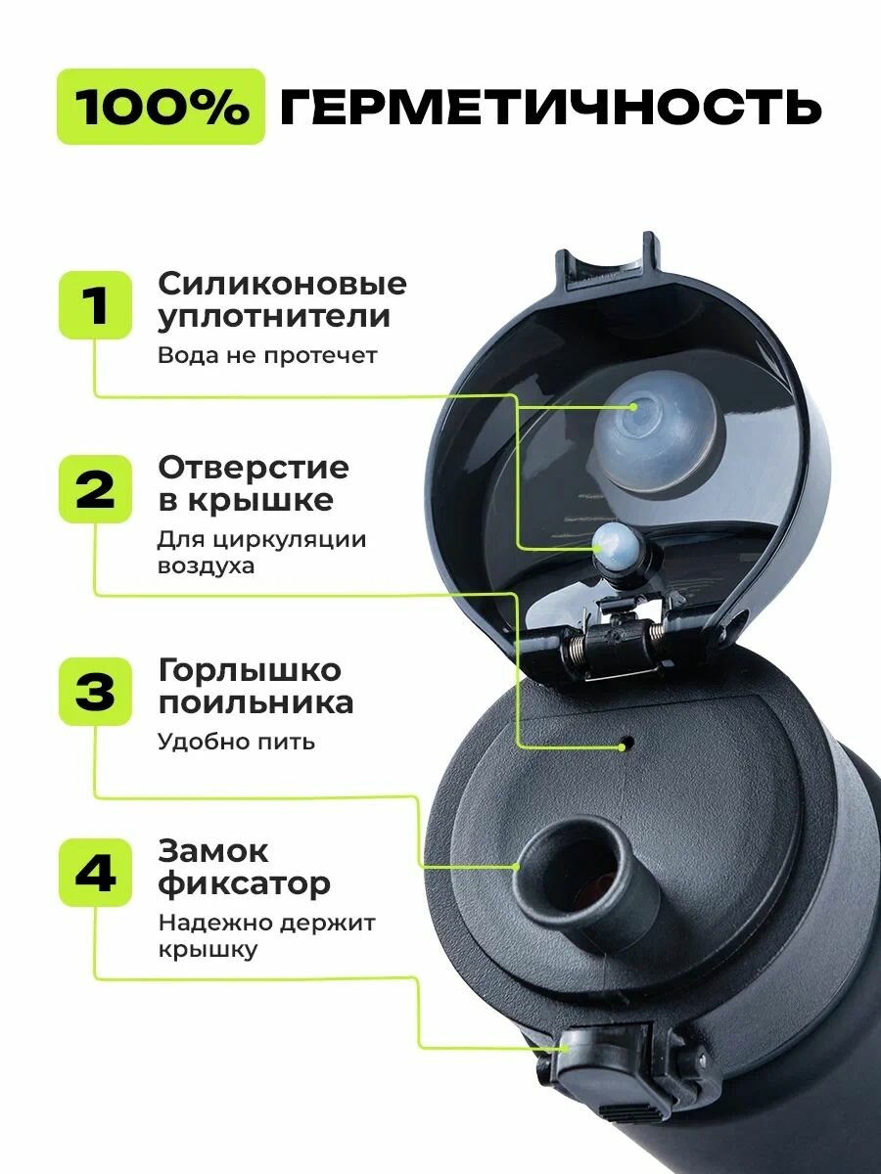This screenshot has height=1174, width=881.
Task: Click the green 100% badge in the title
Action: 161,107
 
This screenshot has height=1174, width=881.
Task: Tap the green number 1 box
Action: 95,305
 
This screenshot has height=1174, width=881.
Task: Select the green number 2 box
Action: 95,489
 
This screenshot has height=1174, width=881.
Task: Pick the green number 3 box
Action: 95,691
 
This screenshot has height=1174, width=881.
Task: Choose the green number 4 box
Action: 95,874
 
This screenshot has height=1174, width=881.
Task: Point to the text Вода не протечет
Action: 266,355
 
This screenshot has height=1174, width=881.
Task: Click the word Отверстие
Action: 253,467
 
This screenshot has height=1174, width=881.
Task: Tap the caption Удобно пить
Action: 236,741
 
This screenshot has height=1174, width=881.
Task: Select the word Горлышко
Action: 250,671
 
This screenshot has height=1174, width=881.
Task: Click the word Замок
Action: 212,851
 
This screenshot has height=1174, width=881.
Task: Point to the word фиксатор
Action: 244,885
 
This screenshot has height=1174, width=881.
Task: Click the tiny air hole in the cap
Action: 624,746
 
